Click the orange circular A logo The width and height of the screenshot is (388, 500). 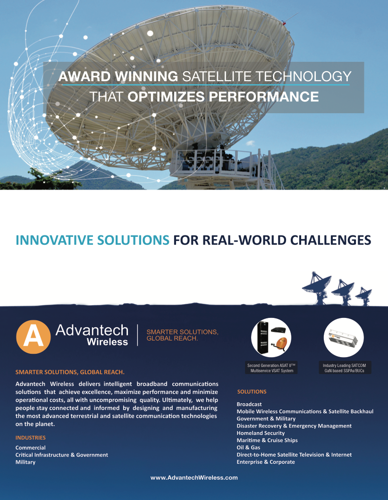pos(33,337)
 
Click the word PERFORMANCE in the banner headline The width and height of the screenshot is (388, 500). pos(263,97)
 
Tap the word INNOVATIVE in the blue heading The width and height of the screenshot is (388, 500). pos(54,240)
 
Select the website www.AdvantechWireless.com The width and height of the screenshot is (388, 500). pos(194,478)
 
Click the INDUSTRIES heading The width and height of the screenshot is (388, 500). pos(31,438)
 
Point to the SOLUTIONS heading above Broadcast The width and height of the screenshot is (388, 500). pos(252,392)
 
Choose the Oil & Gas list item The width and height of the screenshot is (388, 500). pos(248,447)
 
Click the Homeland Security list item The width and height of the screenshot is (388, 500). pos(261,433)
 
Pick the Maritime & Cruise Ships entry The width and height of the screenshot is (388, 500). pos(267,441)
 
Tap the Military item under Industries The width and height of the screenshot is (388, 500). pos(25,462)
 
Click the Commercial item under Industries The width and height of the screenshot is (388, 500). pos(30,448)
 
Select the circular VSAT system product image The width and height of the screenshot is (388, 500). pos(271,337)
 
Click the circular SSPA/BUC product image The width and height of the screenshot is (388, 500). pos(344,337)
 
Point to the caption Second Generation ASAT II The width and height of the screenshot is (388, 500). pos(271,366)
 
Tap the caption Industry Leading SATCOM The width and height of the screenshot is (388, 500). pos(344,366)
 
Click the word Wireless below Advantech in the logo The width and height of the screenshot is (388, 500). pos(107,342)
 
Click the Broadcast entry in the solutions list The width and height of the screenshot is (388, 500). pos(249,404)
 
